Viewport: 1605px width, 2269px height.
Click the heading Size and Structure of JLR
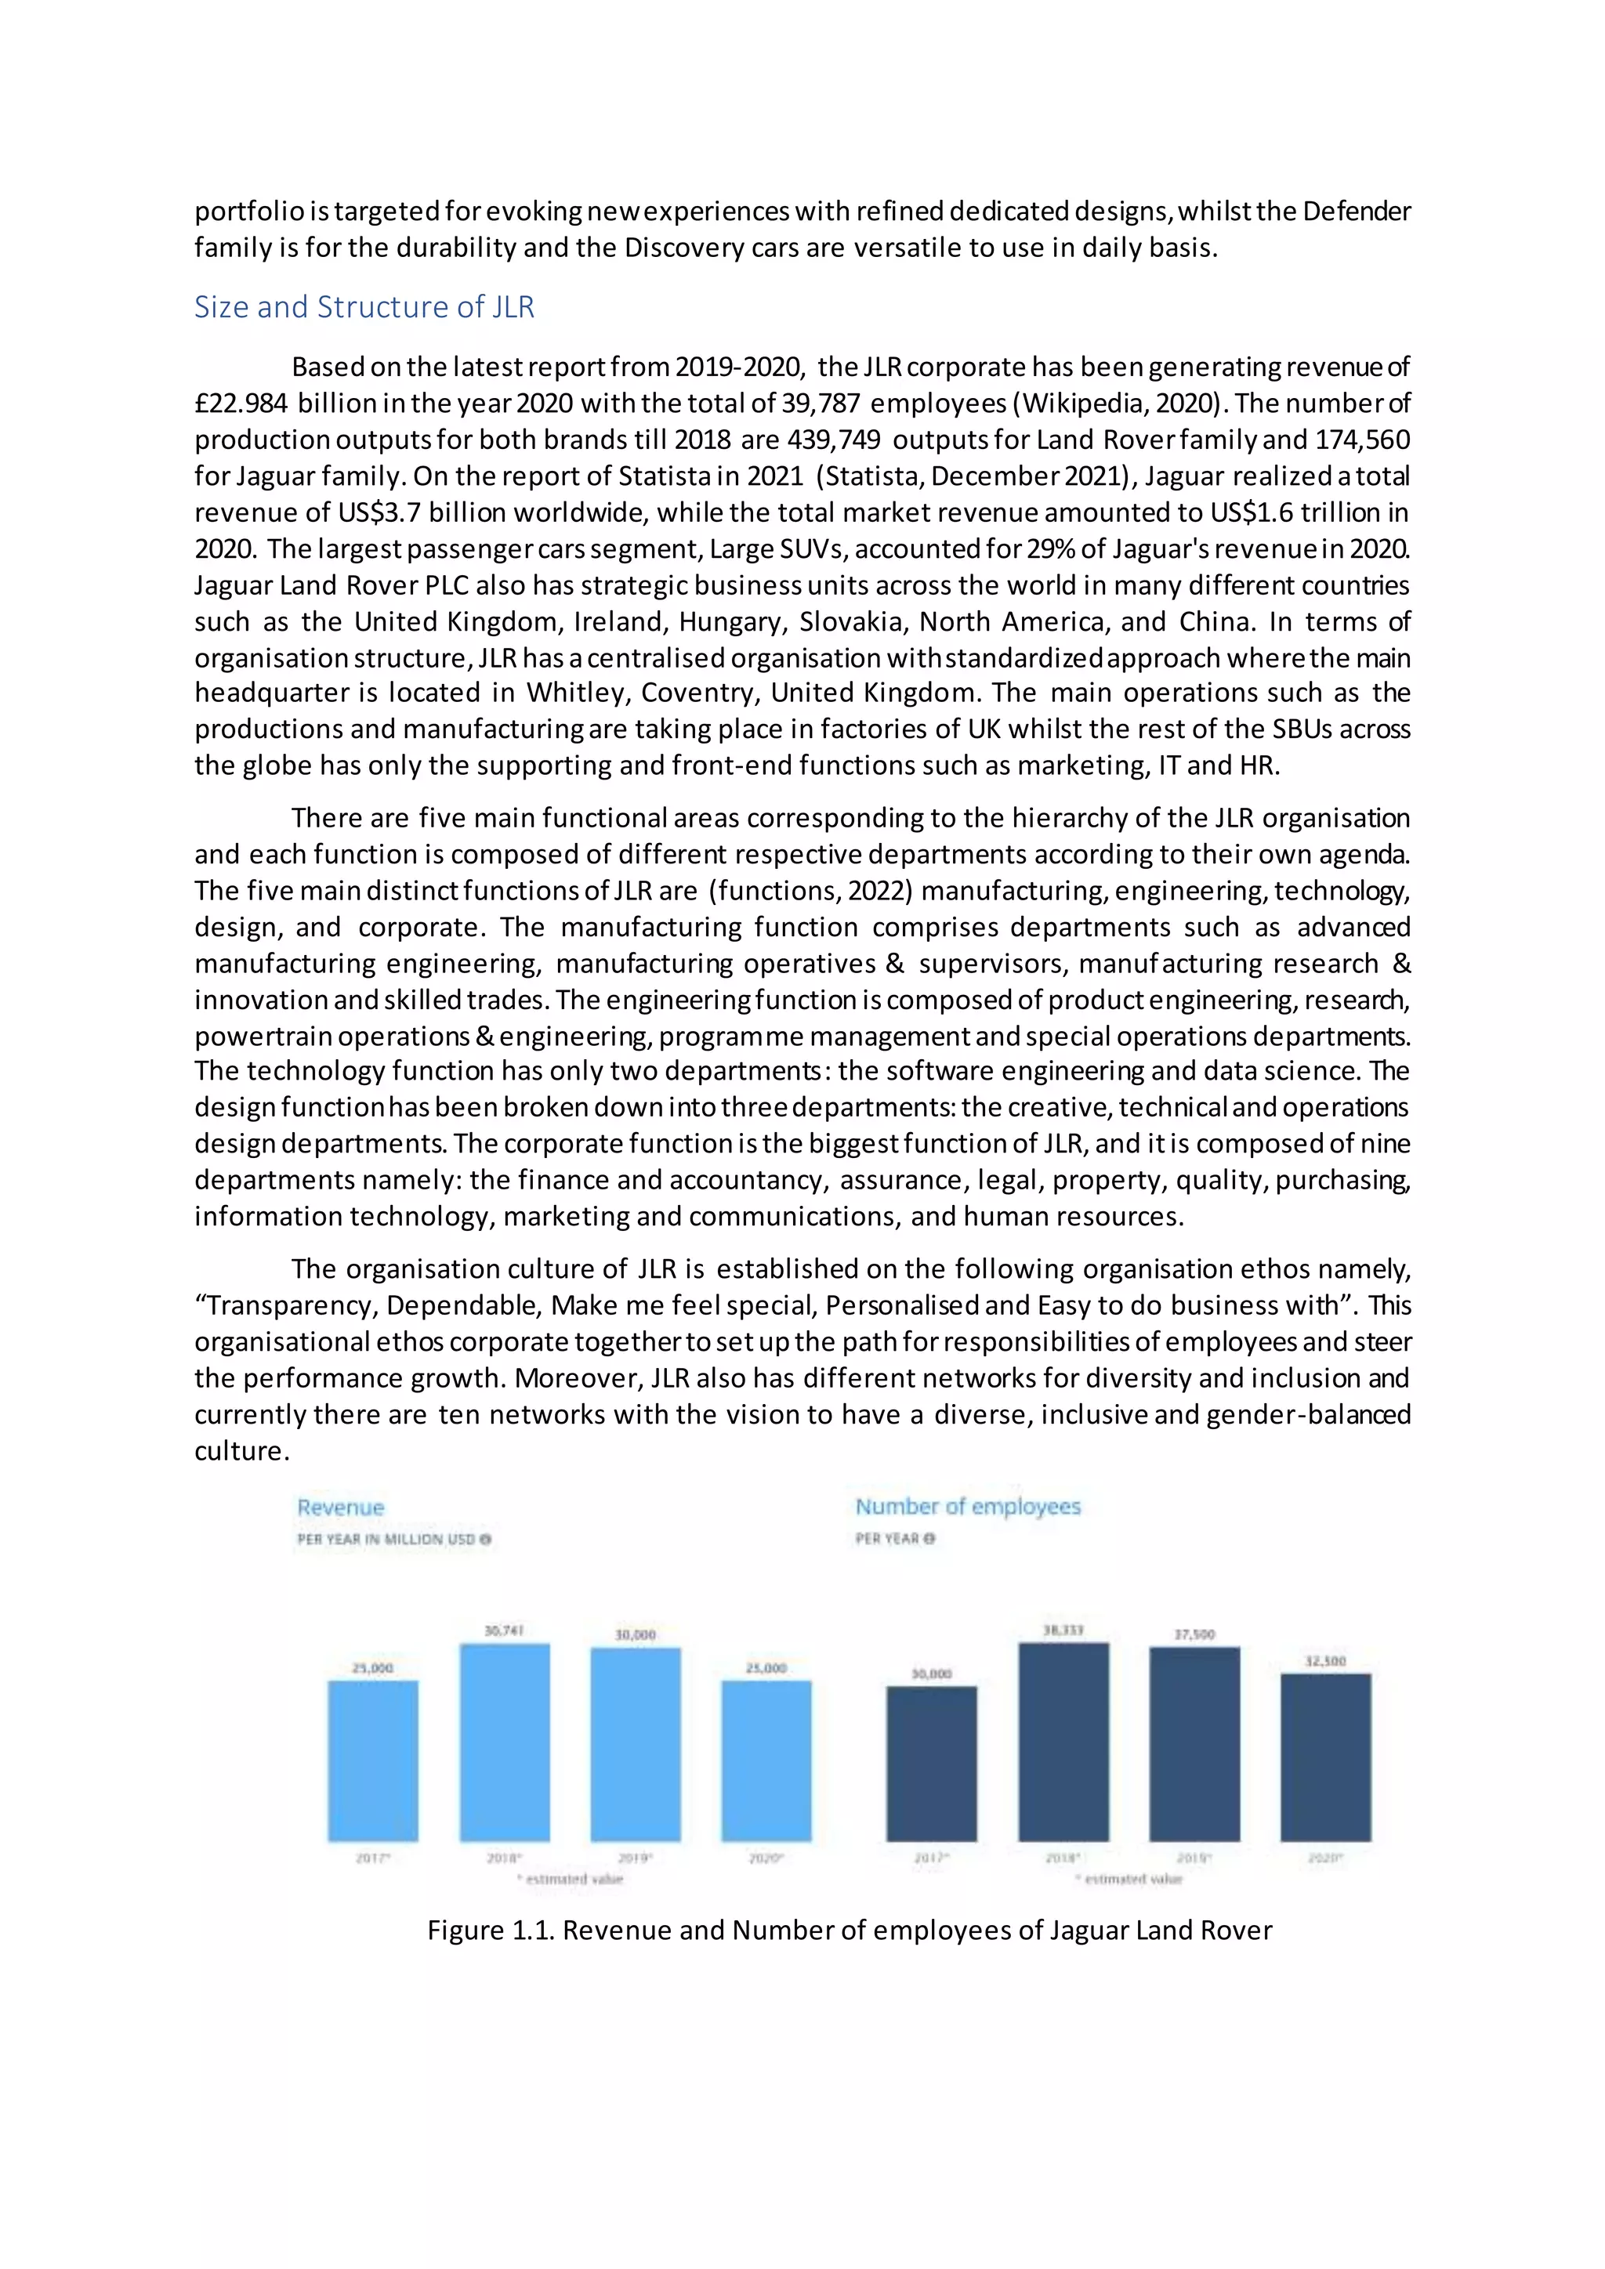[x=364, y=307]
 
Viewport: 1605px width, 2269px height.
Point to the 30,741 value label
[x=504, y=1630]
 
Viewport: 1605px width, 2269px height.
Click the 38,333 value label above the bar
[x=1063, y=1630]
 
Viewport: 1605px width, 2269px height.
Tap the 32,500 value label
[x=1325, y=1661]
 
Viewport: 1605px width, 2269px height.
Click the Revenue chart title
[x=340, y=1507]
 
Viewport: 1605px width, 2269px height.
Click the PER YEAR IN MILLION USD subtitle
[x=393, y=1539]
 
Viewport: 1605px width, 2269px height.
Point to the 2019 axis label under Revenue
[x=635, y=1858]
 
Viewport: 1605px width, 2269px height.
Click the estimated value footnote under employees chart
[x=1129, y=1879]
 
